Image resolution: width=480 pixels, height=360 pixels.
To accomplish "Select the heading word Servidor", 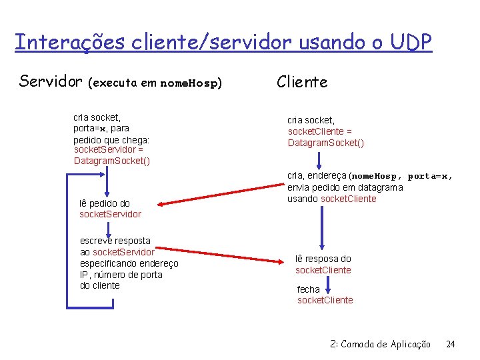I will click(51, 82).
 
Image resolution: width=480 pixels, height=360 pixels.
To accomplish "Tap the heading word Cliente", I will click(302, 82).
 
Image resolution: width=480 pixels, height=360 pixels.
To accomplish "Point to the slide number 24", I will click(451, 344).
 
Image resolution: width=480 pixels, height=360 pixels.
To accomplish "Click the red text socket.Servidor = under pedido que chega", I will click(108, 151).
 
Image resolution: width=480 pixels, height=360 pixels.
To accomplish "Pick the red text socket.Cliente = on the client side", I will click(319, 131).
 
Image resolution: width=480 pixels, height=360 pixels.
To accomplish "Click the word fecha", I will click(309, 289).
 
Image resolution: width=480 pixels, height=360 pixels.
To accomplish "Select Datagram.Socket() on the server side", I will click(112, 161).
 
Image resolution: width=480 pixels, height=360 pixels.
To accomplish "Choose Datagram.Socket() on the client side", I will click(326, 143).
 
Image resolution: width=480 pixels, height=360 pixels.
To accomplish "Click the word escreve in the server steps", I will click(97, 241).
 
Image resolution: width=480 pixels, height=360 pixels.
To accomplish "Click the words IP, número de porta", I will click(121, 275).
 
